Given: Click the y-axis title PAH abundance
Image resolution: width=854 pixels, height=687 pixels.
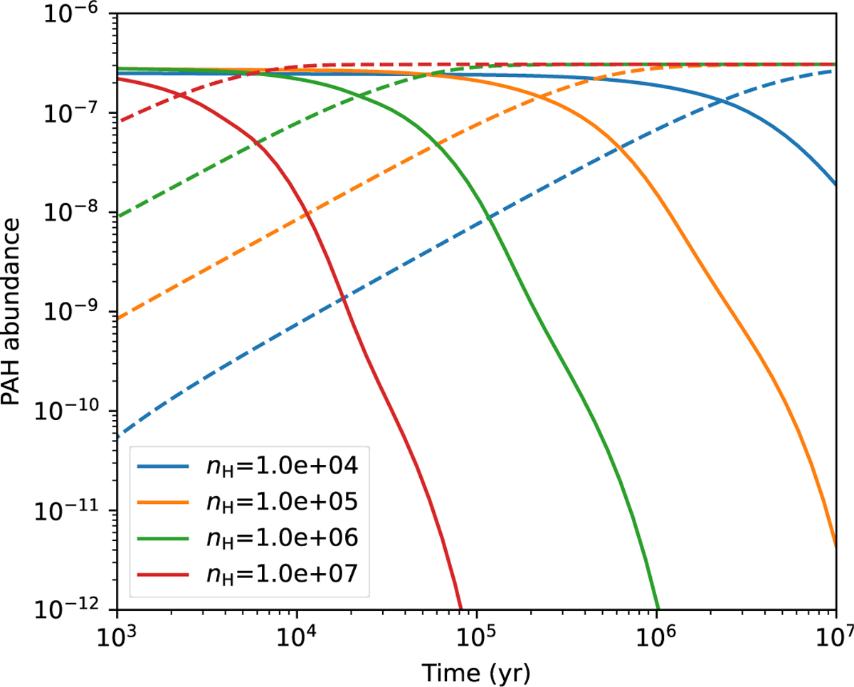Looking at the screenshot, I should [x=12, y=311].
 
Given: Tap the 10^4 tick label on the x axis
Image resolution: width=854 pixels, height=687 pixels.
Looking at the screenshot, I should [x=296, y=636].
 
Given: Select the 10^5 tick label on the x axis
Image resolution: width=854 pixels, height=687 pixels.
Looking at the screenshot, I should [x=476, y=636].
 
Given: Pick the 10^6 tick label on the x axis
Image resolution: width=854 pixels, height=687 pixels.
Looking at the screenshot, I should [x=656, y=636].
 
